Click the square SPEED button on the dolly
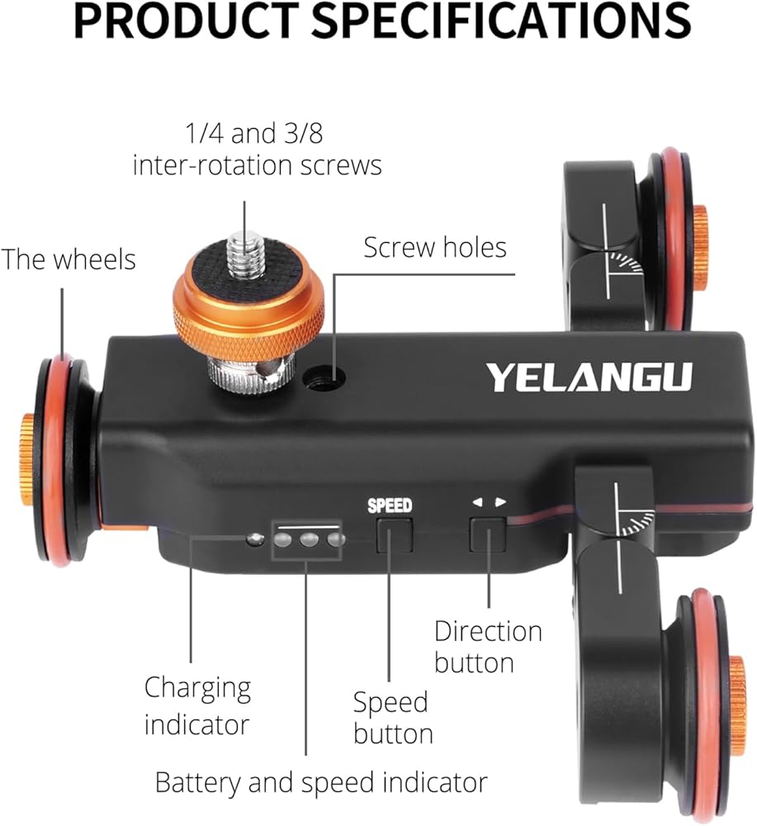pos(394,534)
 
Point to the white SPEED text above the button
pos(390,506)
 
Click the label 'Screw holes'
pos(435,247)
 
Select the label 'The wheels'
pos(68,259)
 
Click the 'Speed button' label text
pos(393,718)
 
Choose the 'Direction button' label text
pos(488,647)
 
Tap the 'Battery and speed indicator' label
pos(321,781)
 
